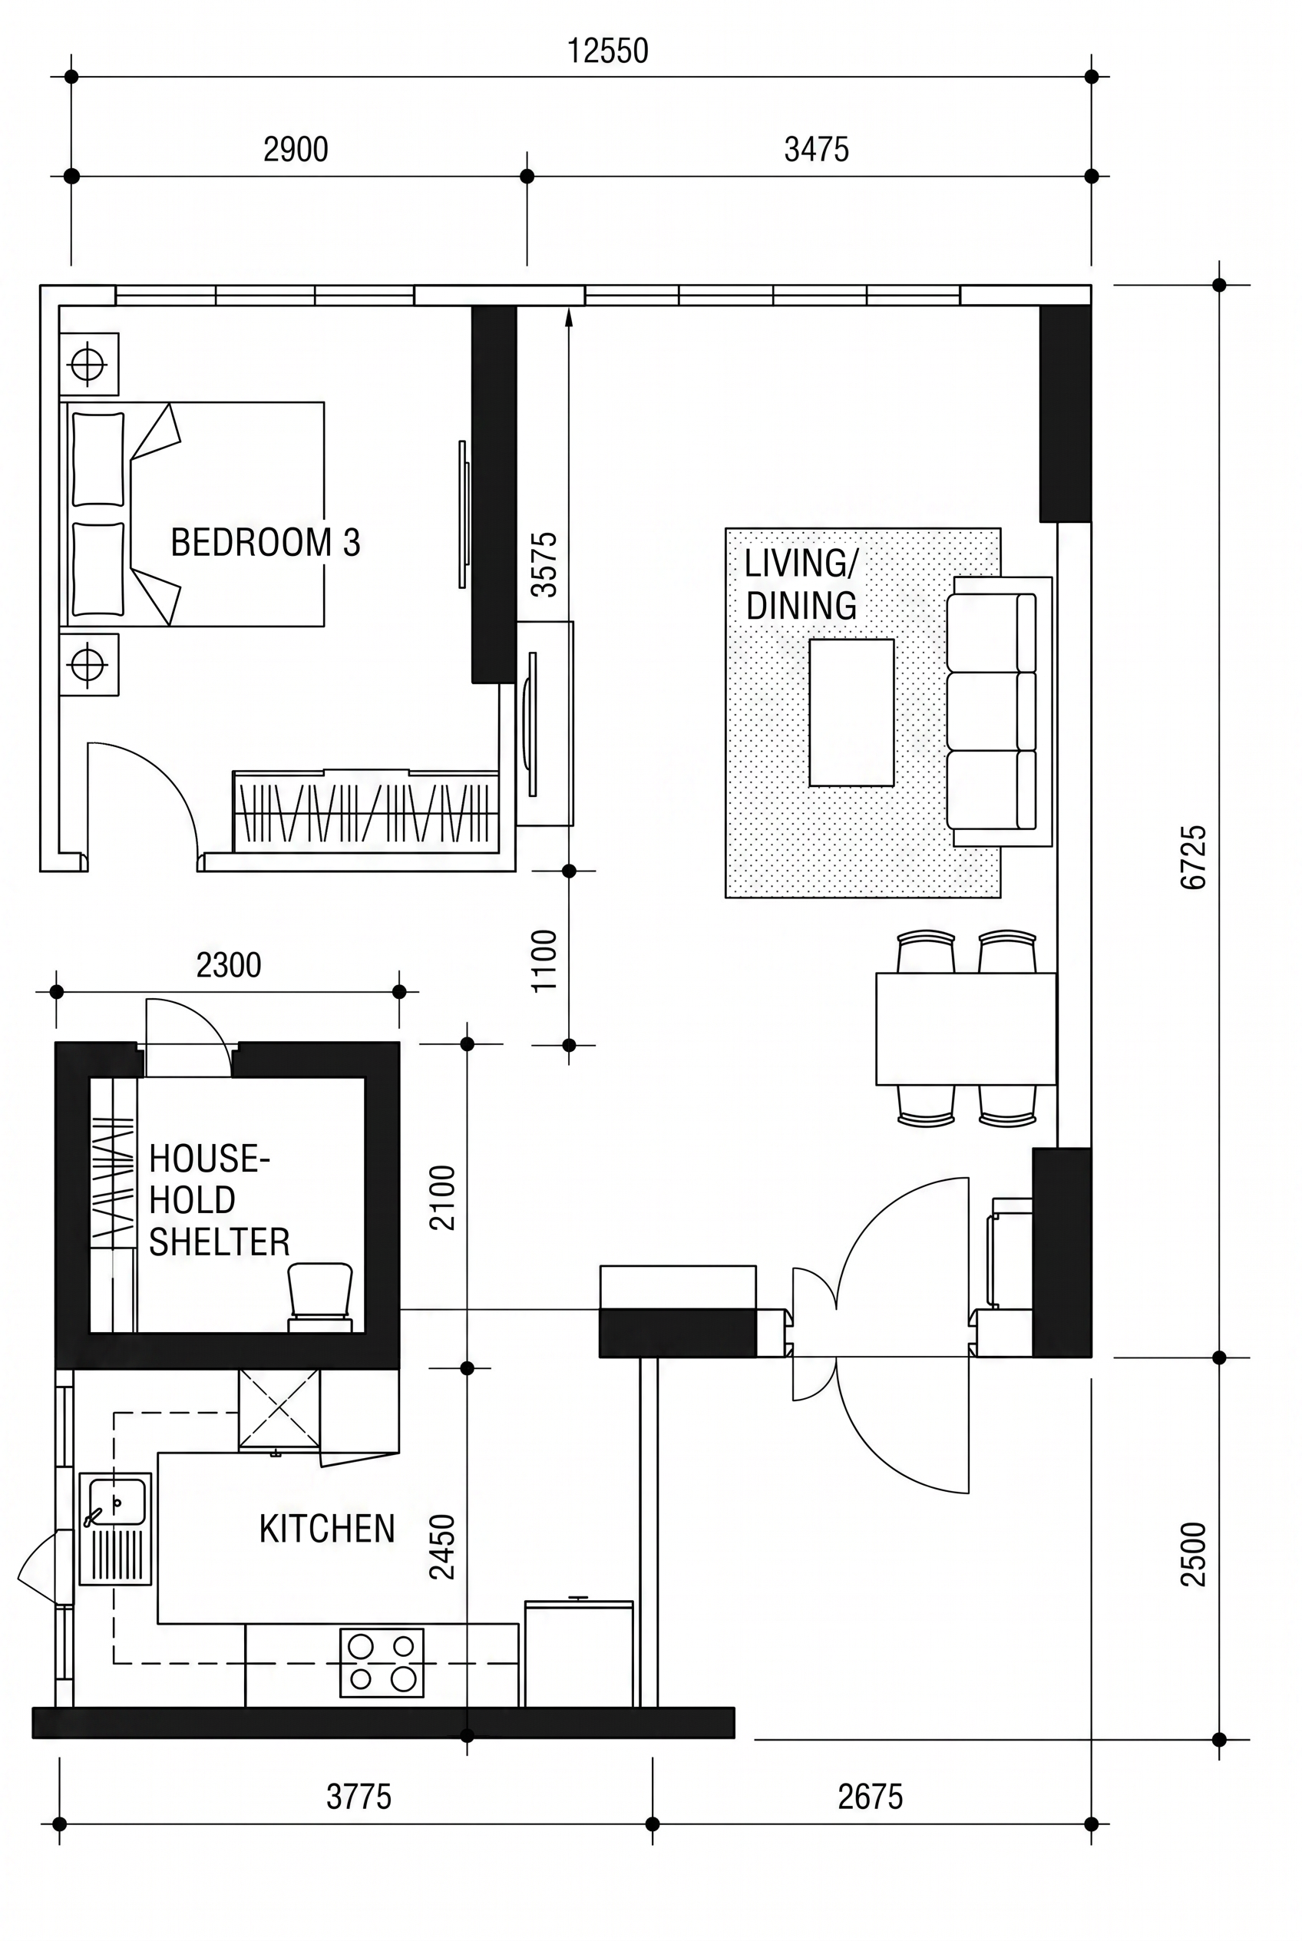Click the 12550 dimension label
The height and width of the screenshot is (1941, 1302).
point(607,51)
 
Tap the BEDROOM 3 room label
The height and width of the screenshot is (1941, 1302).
point(266,542)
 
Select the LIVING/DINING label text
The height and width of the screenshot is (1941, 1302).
point(801,585)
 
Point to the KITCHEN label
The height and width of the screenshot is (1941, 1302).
point(327,1529)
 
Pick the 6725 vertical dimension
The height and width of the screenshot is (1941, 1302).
point(1193,857)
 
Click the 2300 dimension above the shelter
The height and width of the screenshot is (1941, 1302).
point(228,965)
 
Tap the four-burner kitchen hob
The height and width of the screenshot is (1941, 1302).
point(382,1662)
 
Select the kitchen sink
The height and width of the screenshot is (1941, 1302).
point(115,1529)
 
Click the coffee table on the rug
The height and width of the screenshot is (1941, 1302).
point(851,713)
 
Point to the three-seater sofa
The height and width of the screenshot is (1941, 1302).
point(999,712)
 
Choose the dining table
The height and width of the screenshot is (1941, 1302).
point(966,1028)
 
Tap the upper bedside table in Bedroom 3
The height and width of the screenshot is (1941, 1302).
point(89,364)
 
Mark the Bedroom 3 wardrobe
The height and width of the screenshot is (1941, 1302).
point(366,811)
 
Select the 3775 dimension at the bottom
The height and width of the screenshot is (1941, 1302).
point(359,1797)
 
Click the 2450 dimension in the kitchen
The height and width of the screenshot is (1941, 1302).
point(441,1546)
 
